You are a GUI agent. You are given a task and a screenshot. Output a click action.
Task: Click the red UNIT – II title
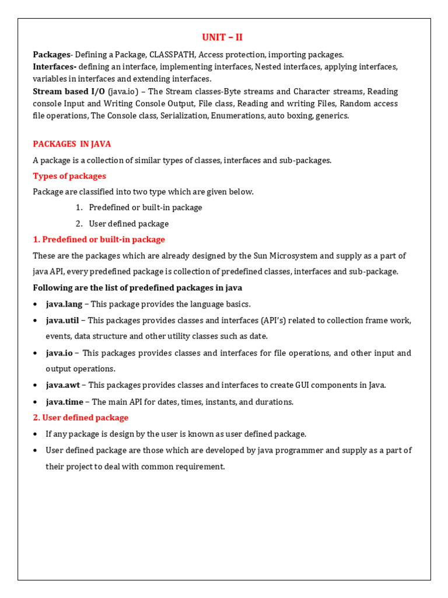click(222, 37)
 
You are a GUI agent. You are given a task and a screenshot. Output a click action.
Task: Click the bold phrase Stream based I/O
click(69, 91)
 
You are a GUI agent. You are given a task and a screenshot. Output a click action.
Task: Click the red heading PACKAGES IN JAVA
click(72, 144)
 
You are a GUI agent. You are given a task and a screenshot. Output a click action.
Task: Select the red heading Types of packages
click(69, 176)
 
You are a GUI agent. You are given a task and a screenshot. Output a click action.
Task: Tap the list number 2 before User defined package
click(79, 224)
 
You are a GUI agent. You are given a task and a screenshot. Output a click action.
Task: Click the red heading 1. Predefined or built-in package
click(99, 239)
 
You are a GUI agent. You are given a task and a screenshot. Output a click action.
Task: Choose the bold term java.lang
click(64, 304)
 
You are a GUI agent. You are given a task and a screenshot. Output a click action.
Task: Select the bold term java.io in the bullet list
click(60, 353)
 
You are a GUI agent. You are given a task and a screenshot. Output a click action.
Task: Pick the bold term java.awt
click(63, 385)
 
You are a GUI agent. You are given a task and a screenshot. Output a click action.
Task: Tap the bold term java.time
click(65, 402)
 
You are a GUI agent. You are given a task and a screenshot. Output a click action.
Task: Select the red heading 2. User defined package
click(80, 418)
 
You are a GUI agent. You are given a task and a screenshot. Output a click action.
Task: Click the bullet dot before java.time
click(36, 402)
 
